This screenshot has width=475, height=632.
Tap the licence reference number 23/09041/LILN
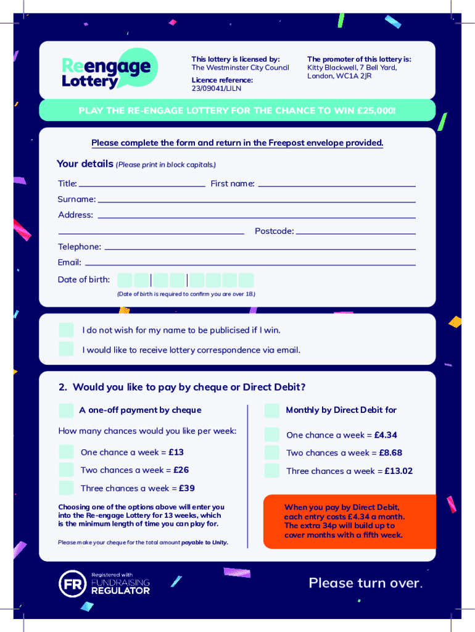coord(216,89)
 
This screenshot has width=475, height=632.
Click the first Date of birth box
coord(125,280)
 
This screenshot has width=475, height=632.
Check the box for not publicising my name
coord(66,330)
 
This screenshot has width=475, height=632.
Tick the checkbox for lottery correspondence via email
coord(66,349)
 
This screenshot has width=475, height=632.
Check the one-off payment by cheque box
coord(66,410)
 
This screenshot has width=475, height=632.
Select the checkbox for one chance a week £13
coord(66,452)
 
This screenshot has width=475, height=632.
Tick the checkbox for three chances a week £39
coord(66,488)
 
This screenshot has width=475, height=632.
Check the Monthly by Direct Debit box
coord(272,410)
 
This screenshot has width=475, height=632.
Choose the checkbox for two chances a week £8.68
coord(272,453)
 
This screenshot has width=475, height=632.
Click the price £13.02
coord(399,472)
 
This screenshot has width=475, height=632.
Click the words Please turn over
coord(365,583)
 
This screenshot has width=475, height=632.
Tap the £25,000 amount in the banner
coord(375,111)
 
